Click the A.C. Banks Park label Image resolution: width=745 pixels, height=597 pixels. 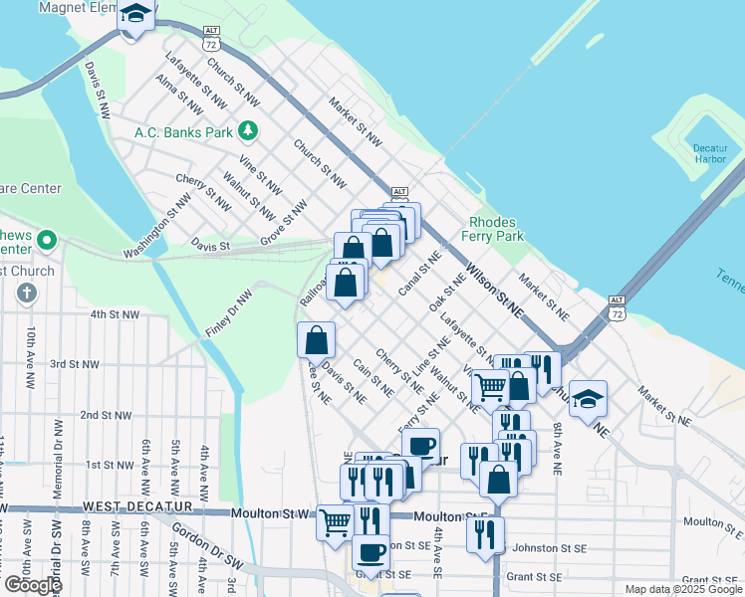tap(183, 131)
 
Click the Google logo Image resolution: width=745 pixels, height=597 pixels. tap(33, 585)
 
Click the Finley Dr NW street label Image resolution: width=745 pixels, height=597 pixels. tap(229, 312)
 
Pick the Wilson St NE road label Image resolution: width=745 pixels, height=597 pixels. tap(494, 289)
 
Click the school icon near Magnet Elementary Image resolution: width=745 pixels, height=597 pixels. tap(135, 16)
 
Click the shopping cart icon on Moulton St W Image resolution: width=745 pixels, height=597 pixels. tap(336, 520)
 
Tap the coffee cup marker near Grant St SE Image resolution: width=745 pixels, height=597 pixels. tap(372, 552)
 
